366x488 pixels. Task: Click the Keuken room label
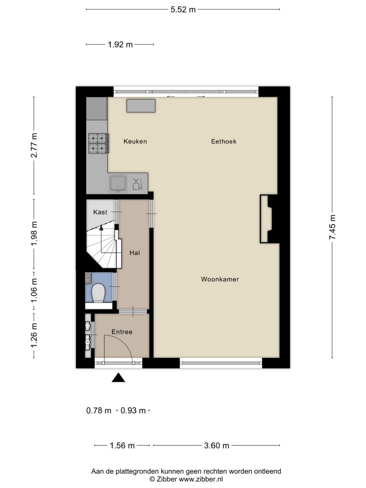pos(135,141)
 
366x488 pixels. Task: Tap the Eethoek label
pos(224,141)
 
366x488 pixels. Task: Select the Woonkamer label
pos(220,279)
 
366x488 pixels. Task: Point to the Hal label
pos(135,253)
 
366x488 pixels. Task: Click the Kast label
pos(100,212)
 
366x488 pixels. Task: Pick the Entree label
pos(122,332)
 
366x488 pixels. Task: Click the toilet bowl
pos(98,293)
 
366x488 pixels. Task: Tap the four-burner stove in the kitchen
pos(98,143)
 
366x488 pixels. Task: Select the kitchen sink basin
pos(118,183)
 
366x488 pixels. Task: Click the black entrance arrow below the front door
pos(118,377)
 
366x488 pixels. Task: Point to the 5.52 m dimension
pos(183,10)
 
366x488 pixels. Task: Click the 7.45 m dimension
pos(332,227)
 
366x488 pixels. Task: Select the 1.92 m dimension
pos(120,44)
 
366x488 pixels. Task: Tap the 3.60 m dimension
pos(217,446)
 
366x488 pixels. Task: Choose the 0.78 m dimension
pos(99,410)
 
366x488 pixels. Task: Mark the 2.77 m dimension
pos(34,145)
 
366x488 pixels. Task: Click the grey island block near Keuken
pos(141,106)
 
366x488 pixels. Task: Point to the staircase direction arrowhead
pos(101,227)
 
